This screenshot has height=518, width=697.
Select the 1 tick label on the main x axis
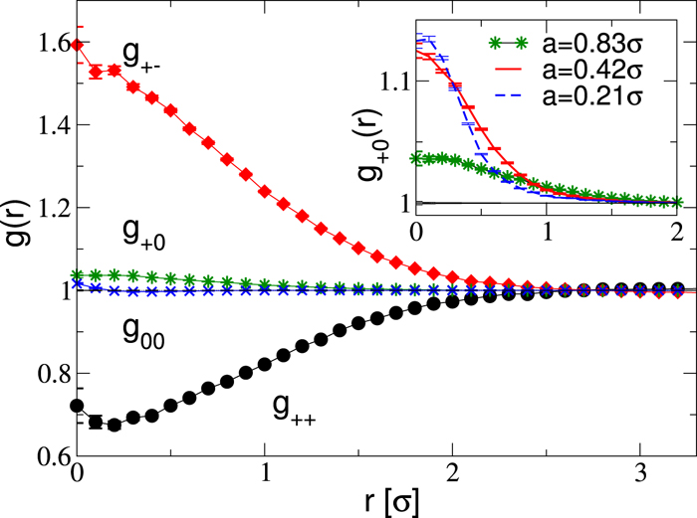click(264, 475)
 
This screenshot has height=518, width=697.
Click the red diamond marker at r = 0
click(78, 44)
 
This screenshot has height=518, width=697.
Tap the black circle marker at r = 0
click(78, 406)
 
